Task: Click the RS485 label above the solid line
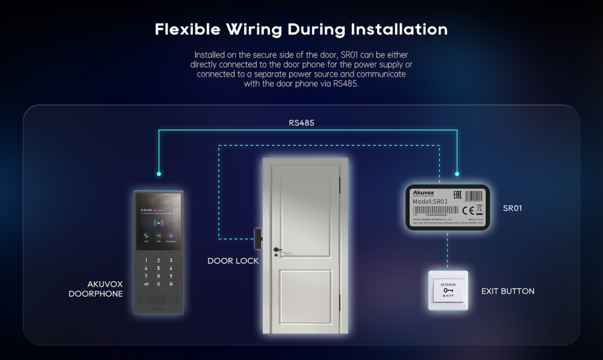(x=301, y=123)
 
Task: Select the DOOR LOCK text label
(x=233, y=260)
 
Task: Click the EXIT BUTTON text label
(x=508, y=291)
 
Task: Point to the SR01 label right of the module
(x=512, y=208)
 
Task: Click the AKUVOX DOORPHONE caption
(x=96, y=288)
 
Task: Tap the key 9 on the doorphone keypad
(x=171, y=275)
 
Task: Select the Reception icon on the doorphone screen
(x=171, y=235)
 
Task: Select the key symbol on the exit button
(x=448, y=290)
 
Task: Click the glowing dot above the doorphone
(x=159, y=174)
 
